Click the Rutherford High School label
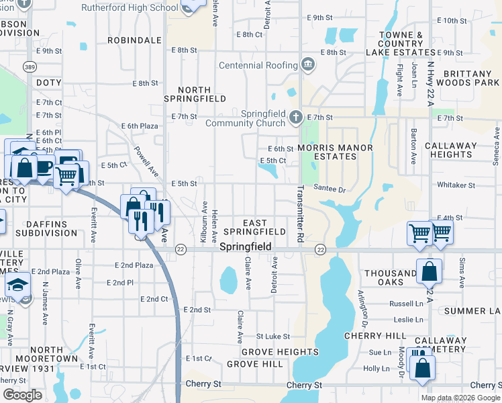coord(130,8)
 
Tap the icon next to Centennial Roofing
coord(308,65)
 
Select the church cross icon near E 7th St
coord(295,118)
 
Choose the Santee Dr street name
coord(329,190)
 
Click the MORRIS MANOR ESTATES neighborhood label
coord(326,152)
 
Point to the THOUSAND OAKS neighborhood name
coord(390,277)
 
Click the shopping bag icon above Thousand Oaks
coord(429,271)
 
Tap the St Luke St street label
coord(272,336)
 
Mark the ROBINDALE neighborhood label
coord(138,40)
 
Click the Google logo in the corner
coord(22,395)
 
